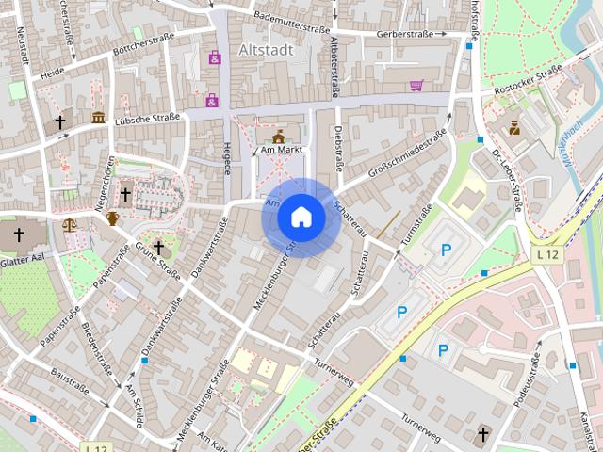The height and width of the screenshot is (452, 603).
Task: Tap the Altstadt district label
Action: (x=267, y=49)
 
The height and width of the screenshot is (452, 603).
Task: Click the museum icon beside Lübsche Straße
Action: (x=99, y=118)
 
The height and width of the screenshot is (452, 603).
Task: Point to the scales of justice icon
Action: (x=70, y=224)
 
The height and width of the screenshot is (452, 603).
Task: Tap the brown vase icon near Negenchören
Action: (x=112, y=218)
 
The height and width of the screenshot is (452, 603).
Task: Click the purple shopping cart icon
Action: (x=416, y=85)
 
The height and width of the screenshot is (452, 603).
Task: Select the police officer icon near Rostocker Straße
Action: (x=514, y=127)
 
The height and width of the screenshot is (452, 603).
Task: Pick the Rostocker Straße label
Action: (x=528, y=83)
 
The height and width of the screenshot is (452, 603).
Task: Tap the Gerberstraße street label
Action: (x=403, y=34)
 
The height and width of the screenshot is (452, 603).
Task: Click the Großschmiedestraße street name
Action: (x=407, y=156)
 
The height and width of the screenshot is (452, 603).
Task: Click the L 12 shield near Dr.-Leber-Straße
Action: (x=546, y=255)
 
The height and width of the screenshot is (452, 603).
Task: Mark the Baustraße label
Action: (x=71, y=380)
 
